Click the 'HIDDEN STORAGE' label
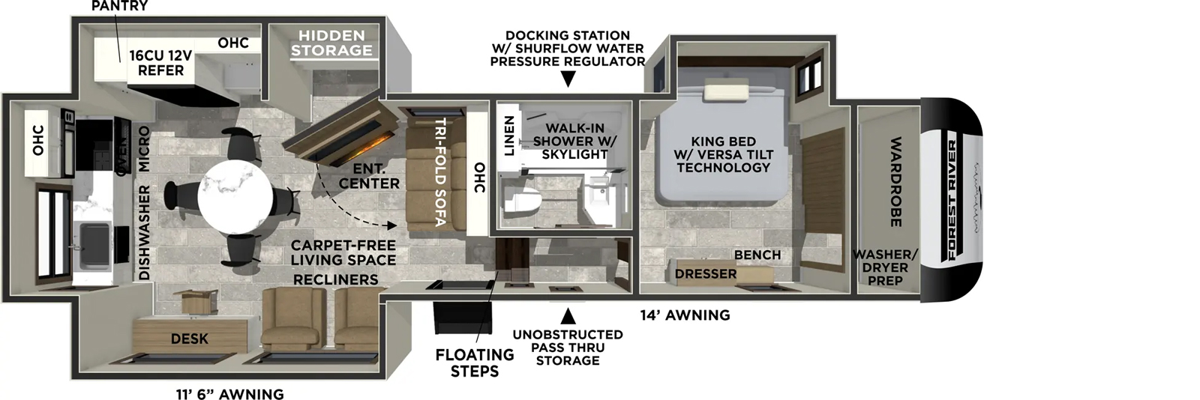pos(331,43)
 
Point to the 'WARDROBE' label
pos(895,181)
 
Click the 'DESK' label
pos(189,339)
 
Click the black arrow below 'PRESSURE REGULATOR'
pos(568,79)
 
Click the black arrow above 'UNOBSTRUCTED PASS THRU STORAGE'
pos(568,315)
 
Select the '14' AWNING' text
pos(685,315)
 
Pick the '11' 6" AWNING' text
pos(229,394)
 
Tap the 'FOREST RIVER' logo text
pos(952,200)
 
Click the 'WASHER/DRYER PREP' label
pos(885,267)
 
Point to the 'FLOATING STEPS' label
pos(475,363)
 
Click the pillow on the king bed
pos(724,91)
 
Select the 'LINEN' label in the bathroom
pos(509,136)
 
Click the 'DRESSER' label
pos(705,274)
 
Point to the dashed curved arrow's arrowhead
pos(391,224)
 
